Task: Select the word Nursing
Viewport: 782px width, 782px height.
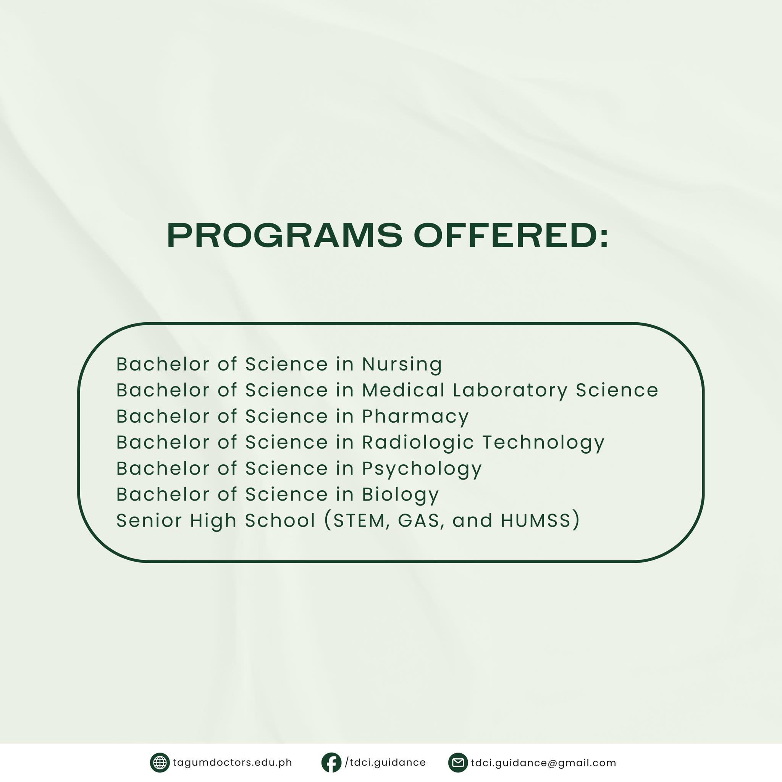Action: click(x=402, y=365)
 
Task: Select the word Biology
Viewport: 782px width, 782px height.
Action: click(x=400, y=494)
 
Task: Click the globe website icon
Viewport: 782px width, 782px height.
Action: click(x=160, y=763)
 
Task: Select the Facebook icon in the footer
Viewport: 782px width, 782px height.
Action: click(x=331, y=763)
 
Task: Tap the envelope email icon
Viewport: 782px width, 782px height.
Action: click(x=458, y=763)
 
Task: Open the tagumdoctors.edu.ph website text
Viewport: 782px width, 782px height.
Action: click(x=232, y=763)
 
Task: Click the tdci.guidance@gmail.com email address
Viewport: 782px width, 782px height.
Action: click(x=544, y=763)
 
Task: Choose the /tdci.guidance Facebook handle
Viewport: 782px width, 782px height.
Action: click(x=385, y=763)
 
